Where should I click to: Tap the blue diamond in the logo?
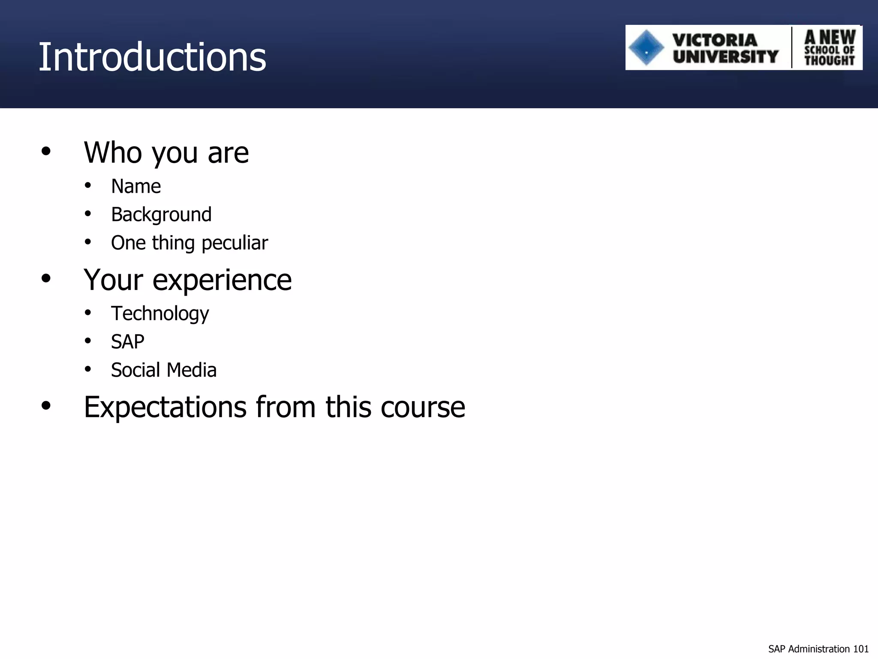646,48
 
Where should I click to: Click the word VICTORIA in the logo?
715,40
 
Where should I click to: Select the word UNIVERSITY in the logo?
725,56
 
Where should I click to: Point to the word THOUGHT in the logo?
829,60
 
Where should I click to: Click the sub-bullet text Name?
136,186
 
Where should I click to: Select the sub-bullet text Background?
161,215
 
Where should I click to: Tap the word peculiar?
235,243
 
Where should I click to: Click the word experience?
222,280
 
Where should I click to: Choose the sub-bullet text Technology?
160,314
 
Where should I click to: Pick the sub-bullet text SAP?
127,342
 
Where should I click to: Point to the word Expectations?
165,407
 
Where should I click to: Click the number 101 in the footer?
861,649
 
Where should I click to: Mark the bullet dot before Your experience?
46,278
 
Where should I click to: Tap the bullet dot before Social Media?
88,369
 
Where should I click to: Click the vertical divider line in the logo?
791,48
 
